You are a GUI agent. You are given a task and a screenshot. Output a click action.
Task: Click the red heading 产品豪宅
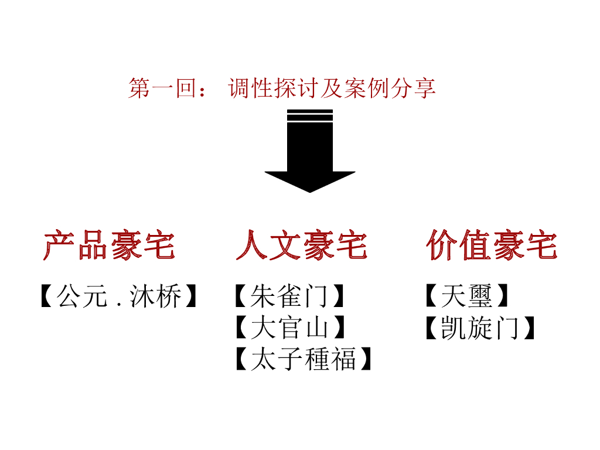point(110,246)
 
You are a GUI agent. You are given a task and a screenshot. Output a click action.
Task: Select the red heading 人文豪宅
point(301,246)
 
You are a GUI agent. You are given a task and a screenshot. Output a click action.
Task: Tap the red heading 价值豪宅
point(492,246)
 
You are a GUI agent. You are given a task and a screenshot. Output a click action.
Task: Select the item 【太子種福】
point(303,359)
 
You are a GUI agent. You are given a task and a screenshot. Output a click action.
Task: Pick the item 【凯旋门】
point(480,328)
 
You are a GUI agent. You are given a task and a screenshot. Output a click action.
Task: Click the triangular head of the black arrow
point(309,180)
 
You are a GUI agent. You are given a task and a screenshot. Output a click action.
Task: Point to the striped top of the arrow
point(309,115)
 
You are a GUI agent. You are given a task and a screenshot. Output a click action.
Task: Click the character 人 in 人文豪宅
point(253,246)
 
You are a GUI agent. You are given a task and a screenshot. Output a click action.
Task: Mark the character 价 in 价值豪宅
point(442,246)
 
